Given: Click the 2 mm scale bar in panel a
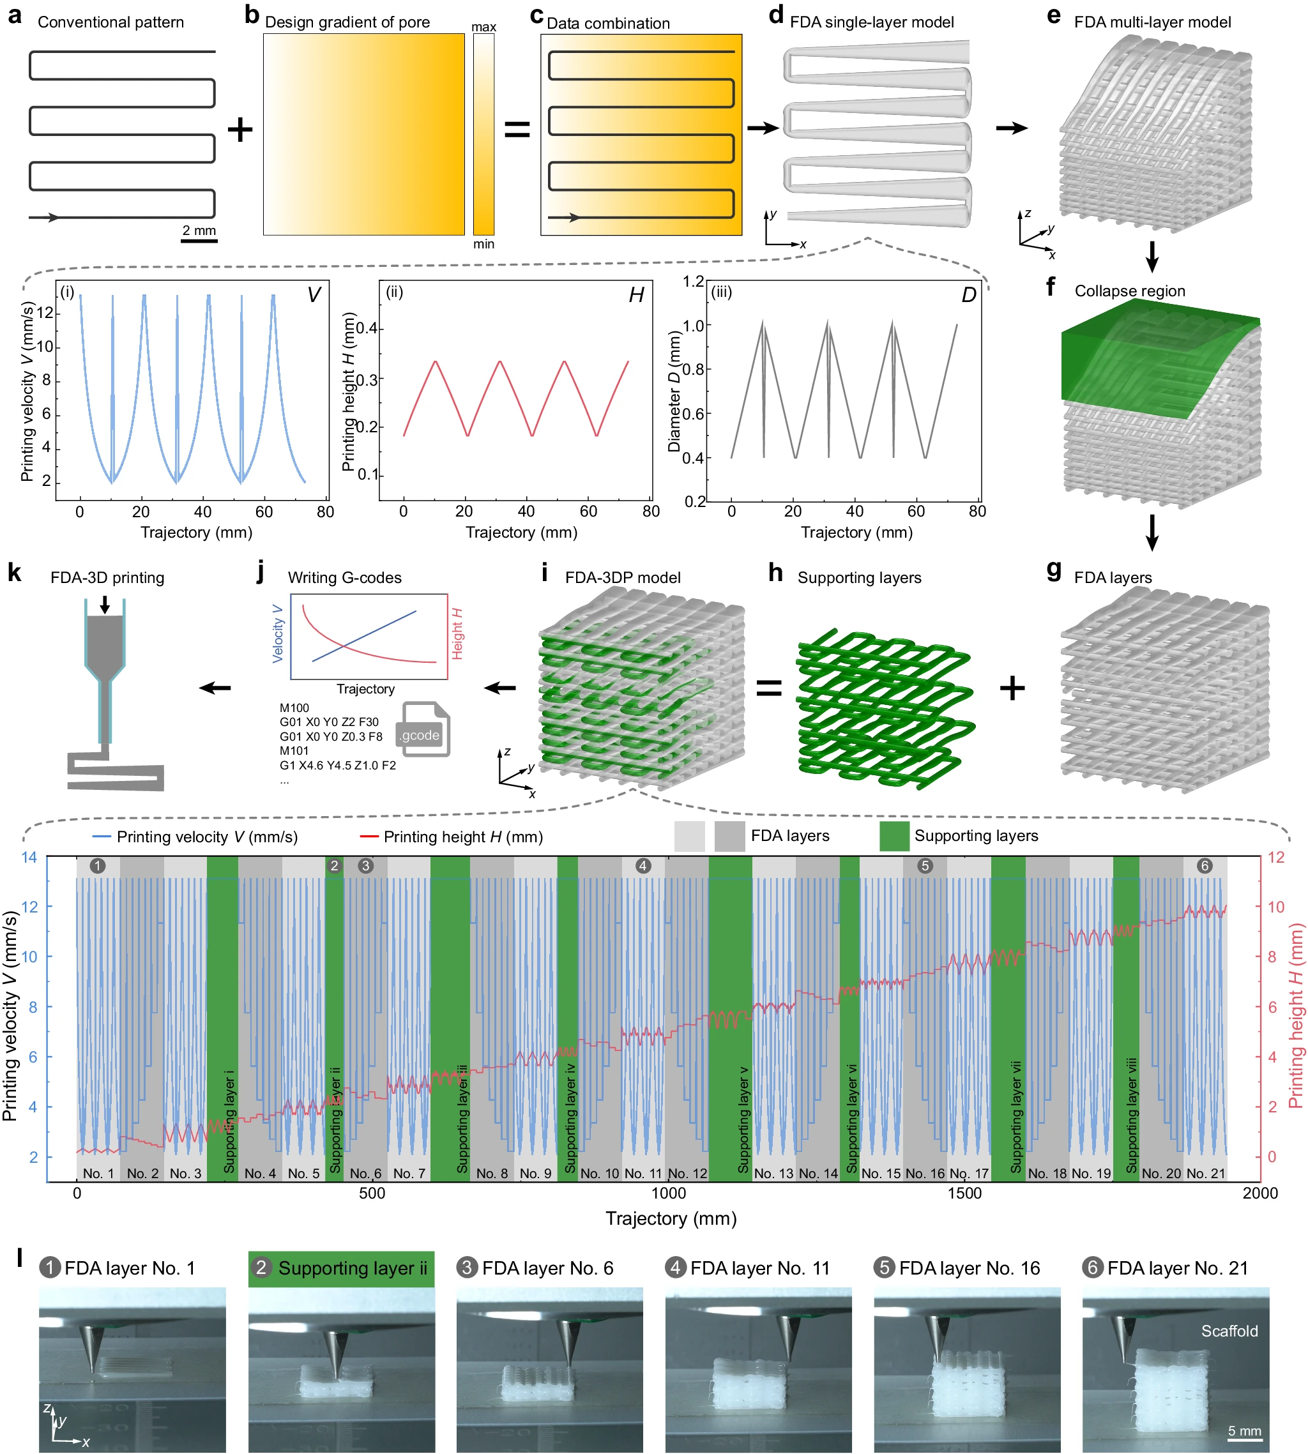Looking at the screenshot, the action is [199, 241].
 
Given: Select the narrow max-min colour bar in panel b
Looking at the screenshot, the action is [483, 134].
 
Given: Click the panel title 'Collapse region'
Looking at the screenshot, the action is [1130, 291].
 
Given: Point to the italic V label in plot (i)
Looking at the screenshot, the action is [314, 294].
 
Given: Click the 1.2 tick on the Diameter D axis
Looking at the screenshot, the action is [694, 281].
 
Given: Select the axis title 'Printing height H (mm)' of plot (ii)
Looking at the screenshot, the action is [349, 391].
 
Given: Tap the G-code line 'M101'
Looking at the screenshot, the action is [294, 751].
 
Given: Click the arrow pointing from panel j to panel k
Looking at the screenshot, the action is [215, 688].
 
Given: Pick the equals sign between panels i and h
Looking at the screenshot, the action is [769, 688].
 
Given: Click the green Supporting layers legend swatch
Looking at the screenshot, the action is [894, 837].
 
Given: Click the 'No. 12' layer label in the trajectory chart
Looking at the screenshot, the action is [688, 1173].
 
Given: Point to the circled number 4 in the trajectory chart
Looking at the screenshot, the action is [643, 866].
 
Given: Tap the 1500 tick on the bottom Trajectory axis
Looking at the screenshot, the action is [964, 1193].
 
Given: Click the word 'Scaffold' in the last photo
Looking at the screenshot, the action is [1229, 1331].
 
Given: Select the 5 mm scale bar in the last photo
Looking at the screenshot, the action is [1245, 1439].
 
